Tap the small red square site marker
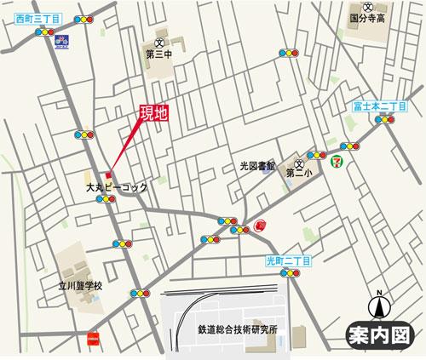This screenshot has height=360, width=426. (x=109, y=175)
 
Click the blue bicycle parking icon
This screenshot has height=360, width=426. (x=60, y=39)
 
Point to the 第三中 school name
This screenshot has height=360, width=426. (x=160, y=56)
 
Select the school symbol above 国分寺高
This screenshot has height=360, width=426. (x=369, y=3)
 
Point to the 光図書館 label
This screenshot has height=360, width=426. (x=258, y=166)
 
